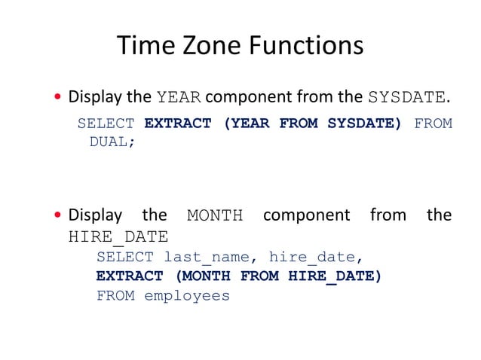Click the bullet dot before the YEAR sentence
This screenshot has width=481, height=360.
[57, 98]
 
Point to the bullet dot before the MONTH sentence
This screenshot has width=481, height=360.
[57, 216]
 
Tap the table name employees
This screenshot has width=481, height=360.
[186, 296]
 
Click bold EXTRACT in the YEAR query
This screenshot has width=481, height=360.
[177, 124]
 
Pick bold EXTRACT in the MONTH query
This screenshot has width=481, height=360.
[129, 276]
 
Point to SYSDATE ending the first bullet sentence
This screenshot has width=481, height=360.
[408, 98]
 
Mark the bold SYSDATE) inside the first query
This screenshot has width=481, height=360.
[364, 124]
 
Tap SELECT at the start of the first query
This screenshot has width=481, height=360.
[106, 124]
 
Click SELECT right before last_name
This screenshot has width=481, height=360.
[124, 258]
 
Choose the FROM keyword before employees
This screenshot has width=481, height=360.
[115, 296]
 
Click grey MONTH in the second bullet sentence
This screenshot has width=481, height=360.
[215, 216]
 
